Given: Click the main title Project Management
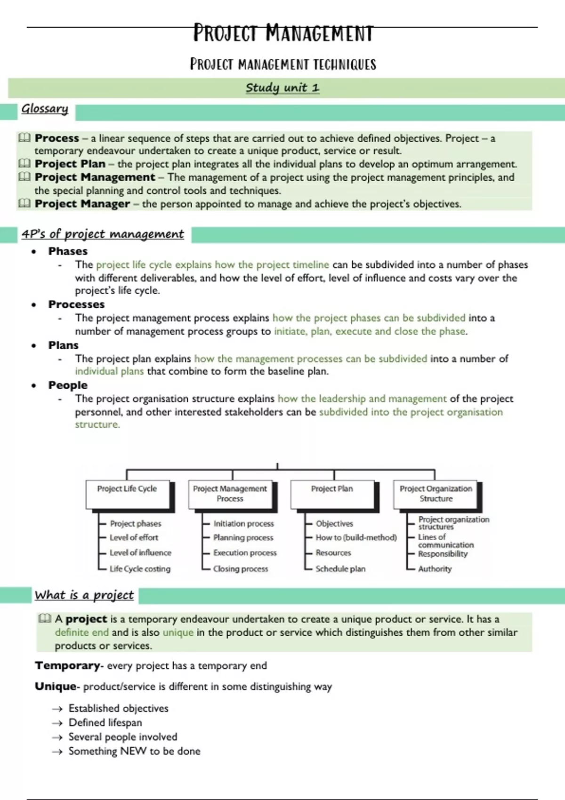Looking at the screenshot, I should (283, 33).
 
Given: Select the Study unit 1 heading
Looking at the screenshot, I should (282, 88).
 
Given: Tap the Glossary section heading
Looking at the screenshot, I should (45, 109).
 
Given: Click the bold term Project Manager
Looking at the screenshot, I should (82, 204).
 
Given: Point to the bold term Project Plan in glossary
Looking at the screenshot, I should (70, 164).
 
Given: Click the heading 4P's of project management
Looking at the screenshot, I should (103, 234).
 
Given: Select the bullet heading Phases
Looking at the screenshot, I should (68, 251).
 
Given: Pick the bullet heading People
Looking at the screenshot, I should (68, 385).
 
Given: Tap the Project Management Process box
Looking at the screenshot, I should (230, 494).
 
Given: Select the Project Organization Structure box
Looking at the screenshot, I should (436, 494).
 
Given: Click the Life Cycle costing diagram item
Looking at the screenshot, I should (140, 569).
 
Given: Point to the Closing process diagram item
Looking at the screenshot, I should (241, 569).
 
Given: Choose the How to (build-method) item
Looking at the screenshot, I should (356, 537).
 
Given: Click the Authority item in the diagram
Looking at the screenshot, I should (435, 569).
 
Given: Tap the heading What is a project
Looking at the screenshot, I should (84, 595).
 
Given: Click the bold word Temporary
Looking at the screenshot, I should (67, 666).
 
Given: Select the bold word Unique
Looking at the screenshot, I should (55, 687).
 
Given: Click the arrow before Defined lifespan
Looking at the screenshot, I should (57, 723).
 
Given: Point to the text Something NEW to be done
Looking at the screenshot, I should (134, 751).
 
